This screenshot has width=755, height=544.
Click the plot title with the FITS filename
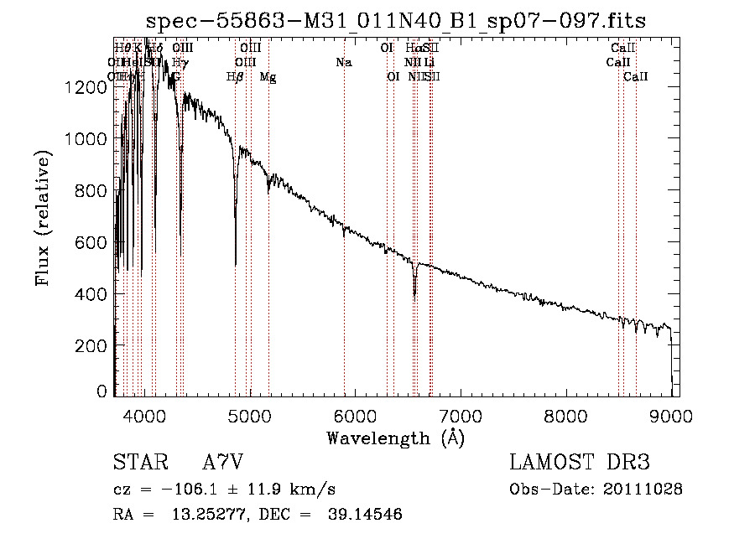click(x=395, y=20)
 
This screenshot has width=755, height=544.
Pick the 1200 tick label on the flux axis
click(x=90, y=86)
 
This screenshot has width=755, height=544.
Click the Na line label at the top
click(x=343, y=62)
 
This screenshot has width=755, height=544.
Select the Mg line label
click(x=268, y=76)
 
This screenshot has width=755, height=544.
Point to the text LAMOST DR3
click(x=580, y=462)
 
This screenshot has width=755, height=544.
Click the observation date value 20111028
click(x=645, y=489)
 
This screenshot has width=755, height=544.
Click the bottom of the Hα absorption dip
click(x=414, y=295)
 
